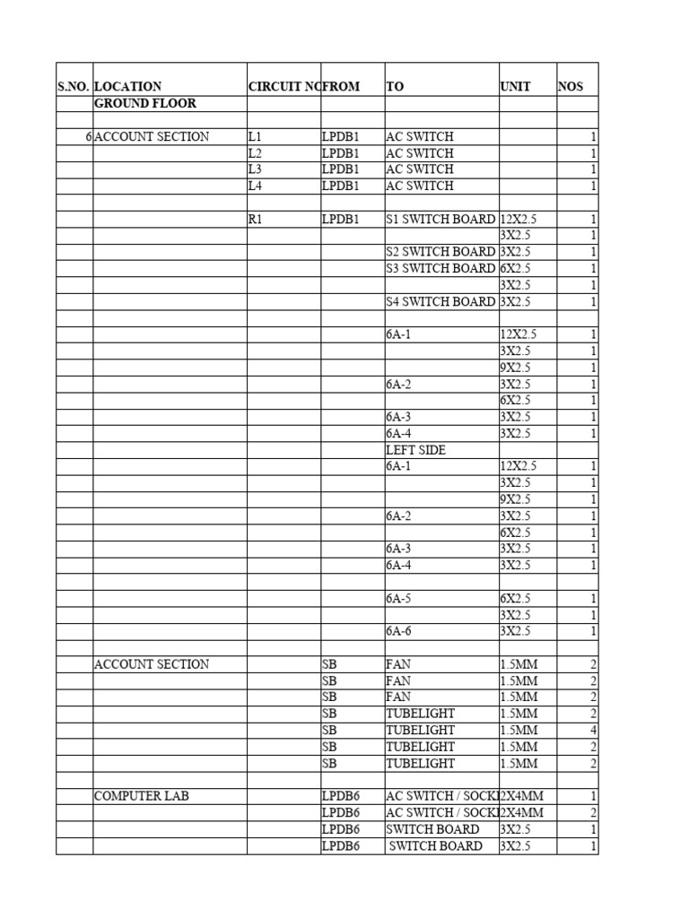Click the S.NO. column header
tap(74, 87)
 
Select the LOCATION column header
tap(128, 87)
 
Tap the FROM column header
tap(341, 87)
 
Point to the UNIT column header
tap(515, 87)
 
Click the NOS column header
tap(571, 87)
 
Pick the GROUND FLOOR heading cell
tap(145, 103)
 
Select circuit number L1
tap(256, 136)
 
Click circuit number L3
tap(256, 169)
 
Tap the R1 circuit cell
tap(257, 219)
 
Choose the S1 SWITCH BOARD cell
tap(440, 219)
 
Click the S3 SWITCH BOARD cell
tap(440, 268)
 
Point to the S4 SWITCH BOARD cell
tap(440, 301)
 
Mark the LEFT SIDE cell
tap(416, 450)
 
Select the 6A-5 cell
tap(400, 598)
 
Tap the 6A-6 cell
tap(400, 631)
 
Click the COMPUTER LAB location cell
tap(142, 796)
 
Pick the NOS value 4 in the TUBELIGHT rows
tap(593, 730)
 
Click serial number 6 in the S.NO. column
tap(88, 136)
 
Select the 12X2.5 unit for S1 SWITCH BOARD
tap(519, 219)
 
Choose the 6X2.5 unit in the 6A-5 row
tap(515, 598)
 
